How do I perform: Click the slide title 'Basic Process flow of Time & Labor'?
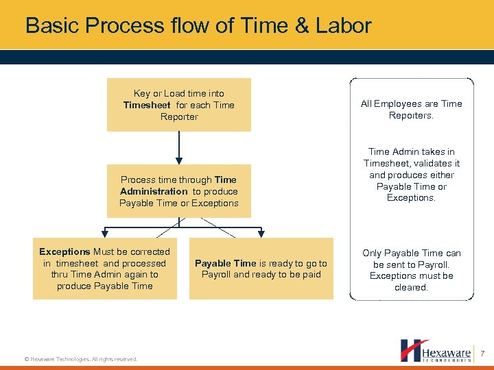pyautogui.click(x=198, y=26)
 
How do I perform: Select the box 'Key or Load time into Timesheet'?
pyautogui.click(x=178, y=105)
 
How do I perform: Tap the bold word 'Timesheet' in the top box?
pyautogui.click(x=147, y=106)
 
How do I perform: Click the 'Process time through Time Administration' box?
pyautogui.click(x=178, y=191)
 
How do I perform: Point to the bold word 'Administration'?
pyautogui.click(x=154, y=192)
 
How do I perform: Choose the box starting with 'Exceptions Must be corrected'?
pyautogui.click(x=104, y=268)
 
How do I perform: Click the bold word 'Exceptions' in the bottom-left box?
pyautogui.click(x=64, y=252)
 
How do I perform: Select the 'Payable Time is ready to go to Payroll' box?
pyautogui.click(x=261, y=269)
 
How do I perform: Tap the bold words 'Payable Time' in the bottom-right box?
pyautogui.click(x=225, y=264)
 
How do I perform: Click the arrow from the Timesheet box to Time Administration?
pyautogui.click(x=178, y=147)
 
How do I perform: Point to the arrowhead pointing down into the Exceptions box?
pyautogui.click(x=104, y=232)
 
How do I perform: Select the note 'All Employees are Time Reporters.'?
pyautogui.click(x=411, y=110)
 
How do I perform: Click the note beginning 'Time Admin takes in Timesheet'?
pyautogui.click(x=411, y=175)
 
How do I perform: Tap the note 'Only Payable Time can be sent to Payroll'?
pyautogui.click(x=411, y=270)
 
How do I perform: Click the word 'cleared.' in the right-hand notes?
pyautogui.click(x=411, y=288)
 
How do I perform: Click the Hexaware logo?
pyautogui.click(x=436, y=350)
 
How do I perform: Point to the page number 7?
pyautogui.click(x=482, y=354)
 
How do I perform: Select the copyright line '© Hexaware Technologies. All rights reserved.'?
pyautogui.click(x=80, y=359)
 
